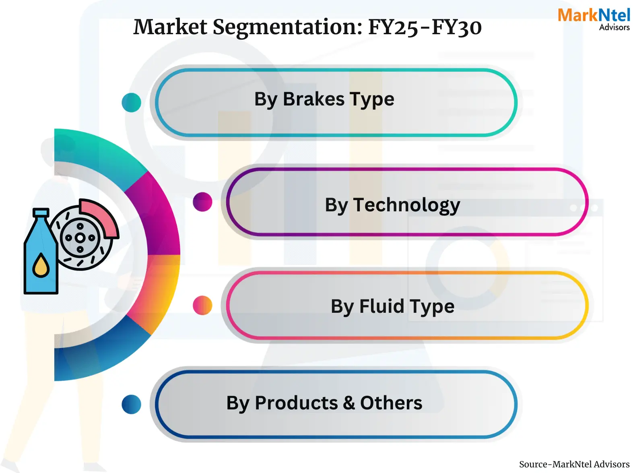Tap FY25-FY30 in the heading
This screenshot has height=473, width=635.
[425, 27]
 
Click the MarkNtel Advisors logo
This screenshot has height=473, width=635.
[594, 19]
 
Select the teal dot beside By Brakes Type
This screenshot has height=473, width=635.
[132, 102]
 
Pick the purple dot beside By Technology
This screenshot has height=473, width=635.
[202, 202]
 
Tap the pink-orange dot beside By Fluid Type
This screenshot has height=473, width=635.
[202, 306]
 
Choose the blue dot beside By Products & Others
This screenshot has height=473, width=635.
[132, 404]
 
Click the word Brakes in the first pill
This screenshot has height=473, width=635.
[313, 99]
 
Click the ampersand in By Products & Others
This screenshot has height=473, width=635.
[349, 403]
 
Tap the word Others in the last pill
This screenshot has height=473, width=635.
[391, 403]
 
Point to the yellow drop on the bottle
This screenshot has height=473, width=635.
[41, 265]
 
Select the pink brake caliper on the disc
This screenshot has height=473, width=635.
[99, 217]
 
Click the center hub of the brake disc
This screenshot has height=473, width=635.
[80, 238]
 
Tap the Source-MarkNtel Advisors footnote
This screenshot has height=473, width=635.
[574, 464]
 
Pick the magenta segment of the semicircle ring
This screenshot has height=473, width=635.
[160, 215]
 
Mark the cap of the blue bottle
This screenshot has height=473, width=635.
[41, 213]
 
